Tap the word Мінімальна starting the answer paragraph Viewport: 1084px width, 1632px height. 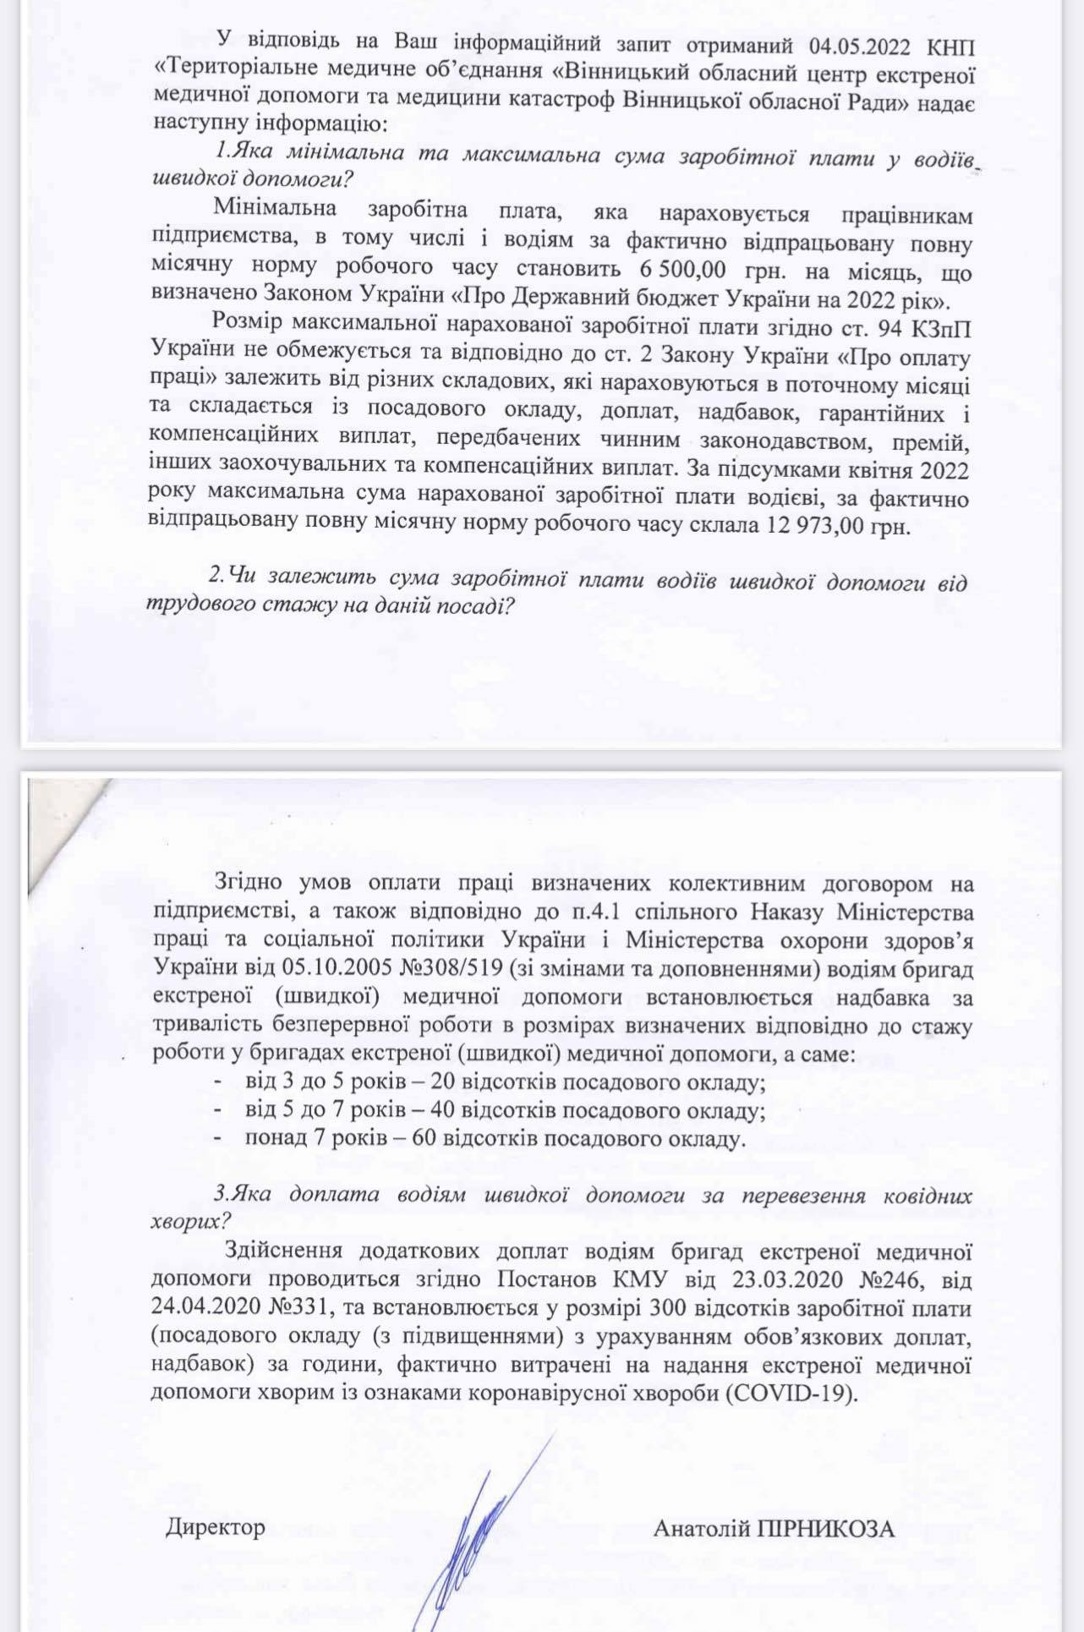click(275, 207)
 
